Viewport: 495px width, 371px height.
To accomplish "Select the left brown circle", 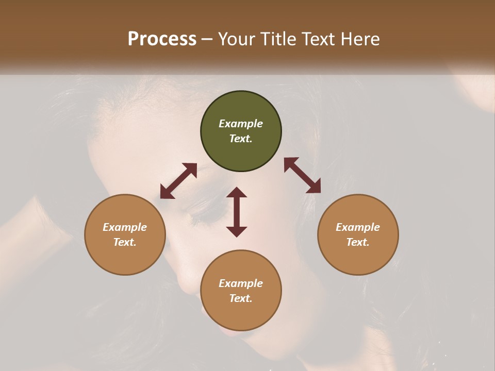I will click(x=125, y=234).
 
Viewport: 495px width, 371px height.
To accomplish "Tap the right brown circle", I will click(x=358, y=234).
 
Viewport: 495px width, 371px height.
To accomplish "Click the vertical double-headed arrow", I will click(x=237, y=212).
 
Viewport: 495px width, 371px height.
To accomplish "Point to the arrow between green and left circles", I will click(x=178, y=181).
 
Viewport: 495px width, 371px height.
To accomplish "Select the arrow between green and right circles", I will click(x=302, y=175).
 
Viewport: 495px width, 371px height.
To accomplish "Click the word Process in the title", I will click(x=162, y=39).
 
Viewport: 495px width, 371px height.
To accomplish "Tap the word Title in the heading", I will click(x=278, y=39).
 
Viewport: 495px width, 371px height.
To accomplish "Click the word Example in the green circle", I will click(x=241, y=124).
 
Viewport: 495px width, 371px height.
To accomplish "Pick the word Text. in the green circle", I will click(x=241, y=139).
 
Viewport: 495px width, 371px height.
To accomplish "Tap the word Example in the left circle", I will click(x=125, y=227).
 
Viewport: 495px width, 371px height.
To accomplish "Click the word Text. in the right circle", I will click(x=358, y=242).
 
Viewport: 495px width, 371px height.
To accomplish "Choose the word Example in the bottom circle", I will click(x=241, y=283).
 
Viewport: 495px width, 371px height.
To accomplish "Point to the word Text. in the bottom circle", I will click(x=241, y=298).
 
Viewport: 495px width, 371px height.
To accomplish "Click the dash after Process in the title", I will click(x=207, y=39).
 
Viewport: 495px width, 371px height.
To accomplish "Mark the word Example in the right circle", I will click(x=358, y=227).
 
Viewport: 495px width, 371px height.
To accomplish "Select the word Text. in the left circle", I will click(x=125, y=242).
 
